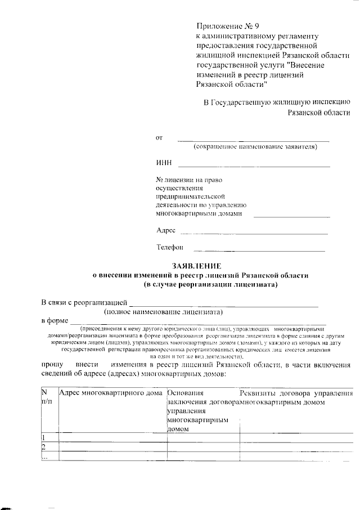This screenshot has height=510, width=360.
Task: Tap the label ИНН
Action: pyautogui.click(x=163, y=164)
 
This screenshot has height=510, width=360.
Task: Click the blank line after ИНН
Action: pyautogui.click(x=254, y=166)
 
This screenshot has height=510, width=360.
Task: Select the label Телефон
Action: pyautogui.click(x=170, y=247)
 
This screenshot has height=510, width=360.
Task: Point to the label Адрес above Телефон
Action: pyautogui.click(x=165, y=230)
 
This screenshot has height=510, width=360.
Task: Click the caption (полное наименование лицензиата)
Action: pyautogui.click(x=163, y=311)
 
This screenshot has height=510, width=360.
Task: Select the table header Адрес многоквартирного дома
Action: pyautogui.click(x=111, y=392)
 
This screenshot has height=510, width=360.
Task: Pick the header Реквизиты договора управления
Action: pyautogui.click(x=296, y=392)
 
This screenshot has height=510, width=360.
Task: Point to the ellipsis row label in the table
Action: pyautogui.click(x=44, y=457)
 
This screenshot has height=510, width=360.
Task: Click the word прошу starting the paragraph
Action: pyautogui.click(x=52, y=365)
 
